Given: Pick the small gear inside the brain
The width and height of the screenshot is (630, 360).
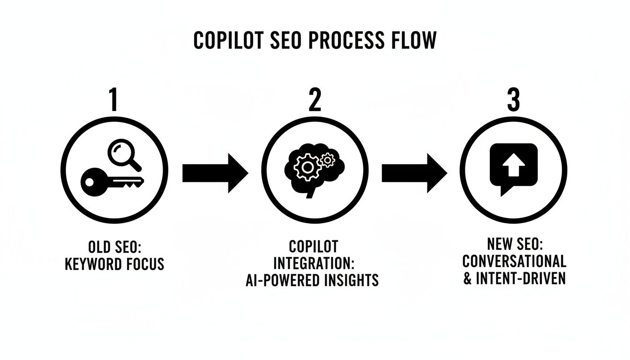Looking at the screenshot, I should pyautogui.click(x=327, y=160).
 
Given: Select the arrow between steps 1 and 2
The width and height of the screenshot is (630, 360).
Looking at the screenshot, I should pyautogui.click(x=215, y=172).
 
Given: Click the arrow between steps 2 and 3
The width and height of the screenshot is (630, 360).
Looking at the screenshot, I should pyautogui.click(x=414, y=172).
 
